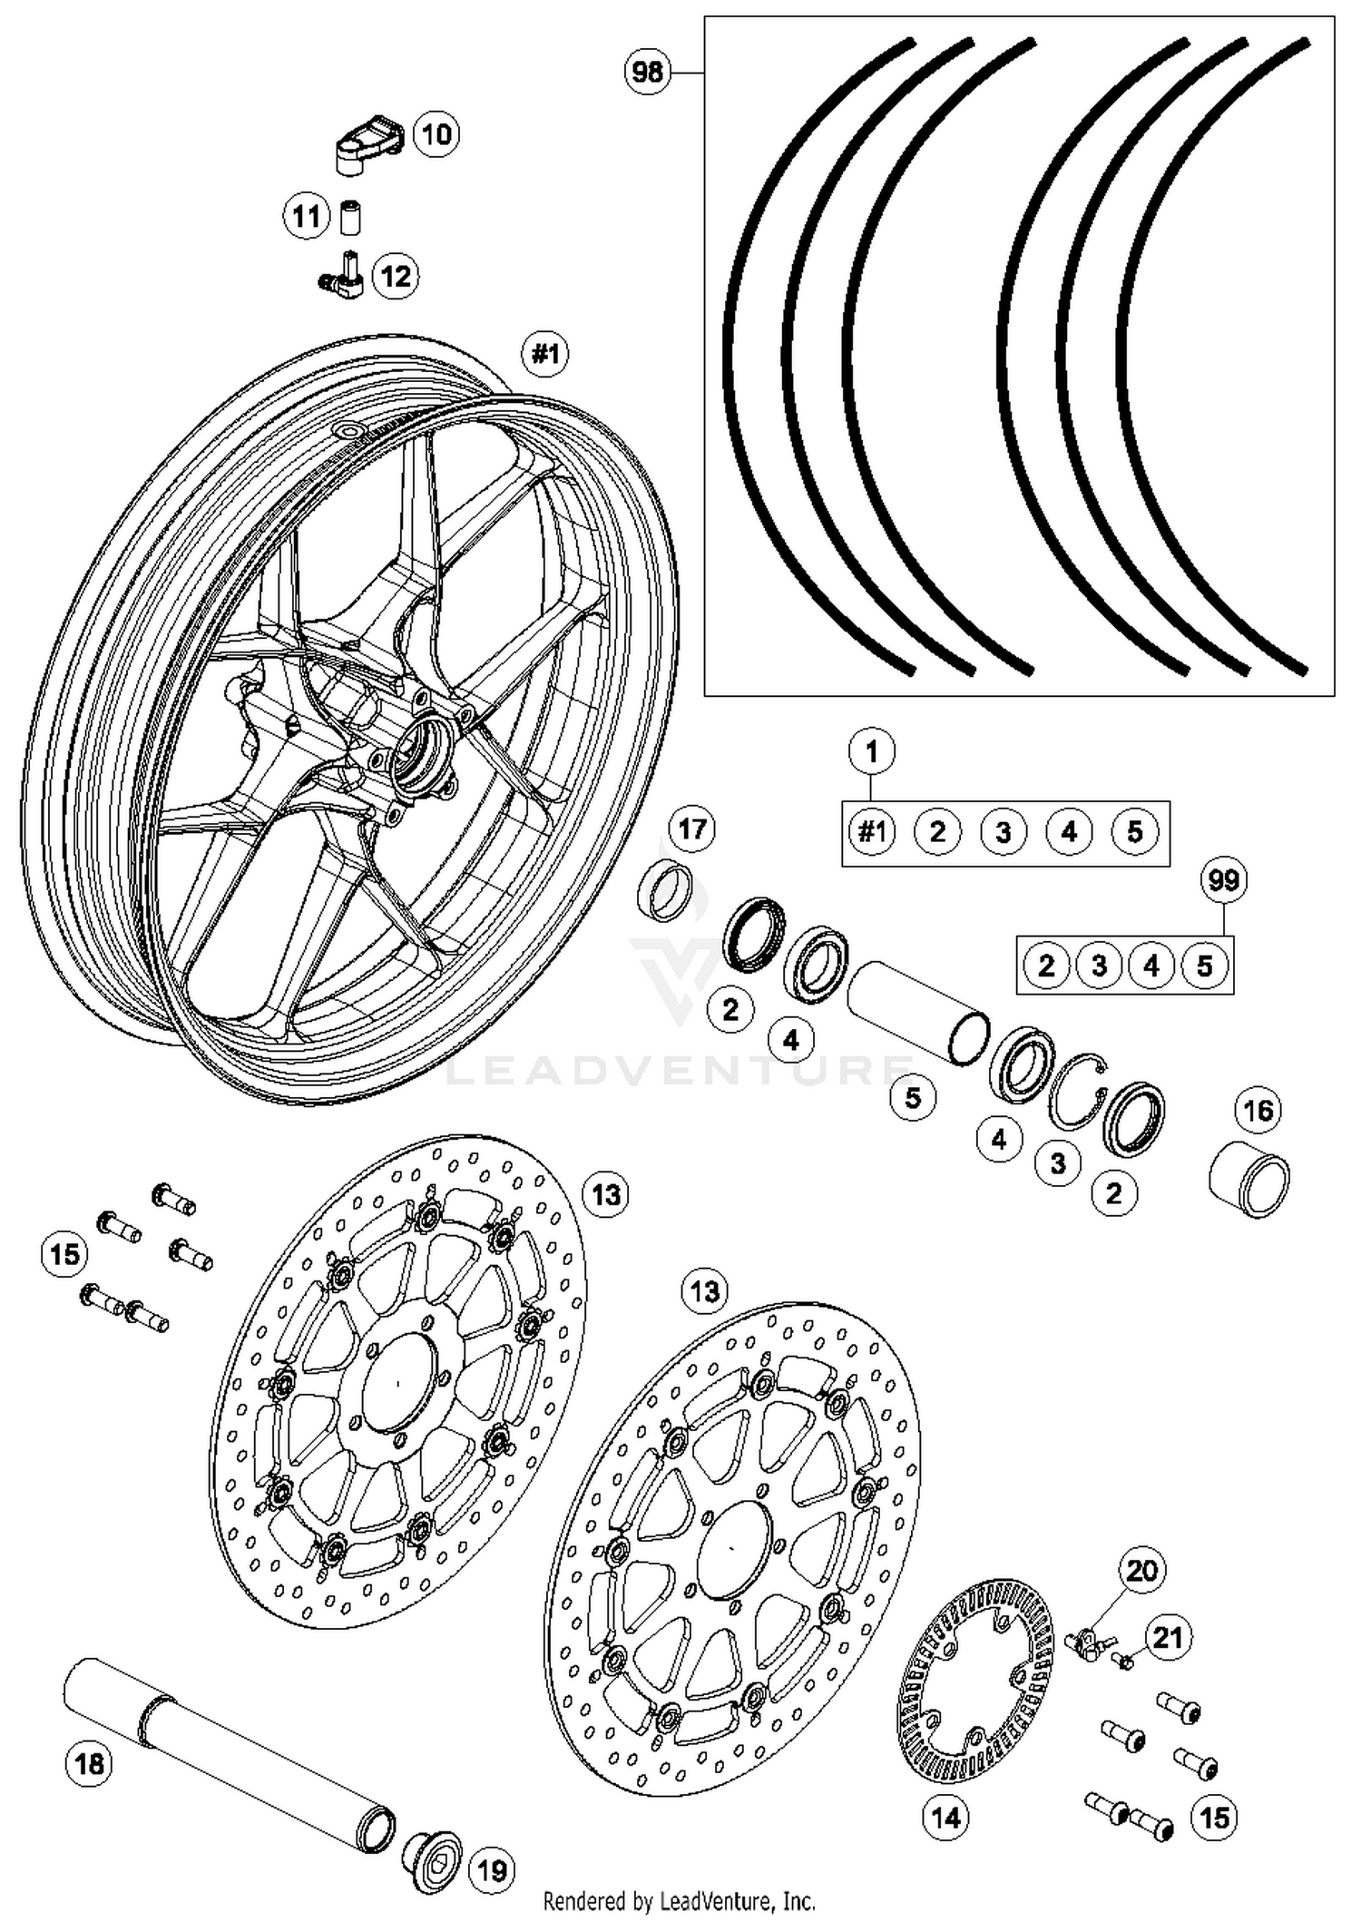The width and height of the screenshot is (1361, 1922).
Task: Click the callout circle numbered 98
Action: (x=648, y=72)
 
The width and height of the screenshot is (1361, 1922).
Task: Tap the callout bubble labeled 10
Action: (x=436, y=134)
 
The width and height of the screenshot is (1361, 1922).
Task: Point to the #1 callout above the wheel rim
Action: (x=545, y=352)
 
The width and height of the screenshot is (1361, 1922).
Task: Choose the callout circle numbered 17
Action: (x=691, y=829)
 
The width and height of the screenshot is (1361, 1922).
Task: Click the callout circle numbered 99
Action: (x=1224, y=880)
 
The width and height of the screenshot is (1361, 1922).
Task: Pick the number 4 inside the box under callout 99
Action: (x=1151, y=966)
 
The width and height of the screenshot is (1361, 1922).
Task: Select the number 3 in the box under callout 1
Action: (x=1003, y=832)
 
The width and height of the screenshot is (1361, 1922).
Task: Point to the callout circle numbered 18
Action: (x=89, y=1762)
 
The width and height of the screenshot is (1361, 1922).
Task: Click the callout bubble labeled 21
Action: (x=1167, y=1637)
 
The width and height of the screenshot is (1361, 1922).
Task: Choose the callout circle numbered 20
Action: (x=1141, y=1569)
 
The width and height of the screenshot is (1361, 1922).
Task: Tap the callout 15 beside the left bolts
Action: (x=64, y=1255)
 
